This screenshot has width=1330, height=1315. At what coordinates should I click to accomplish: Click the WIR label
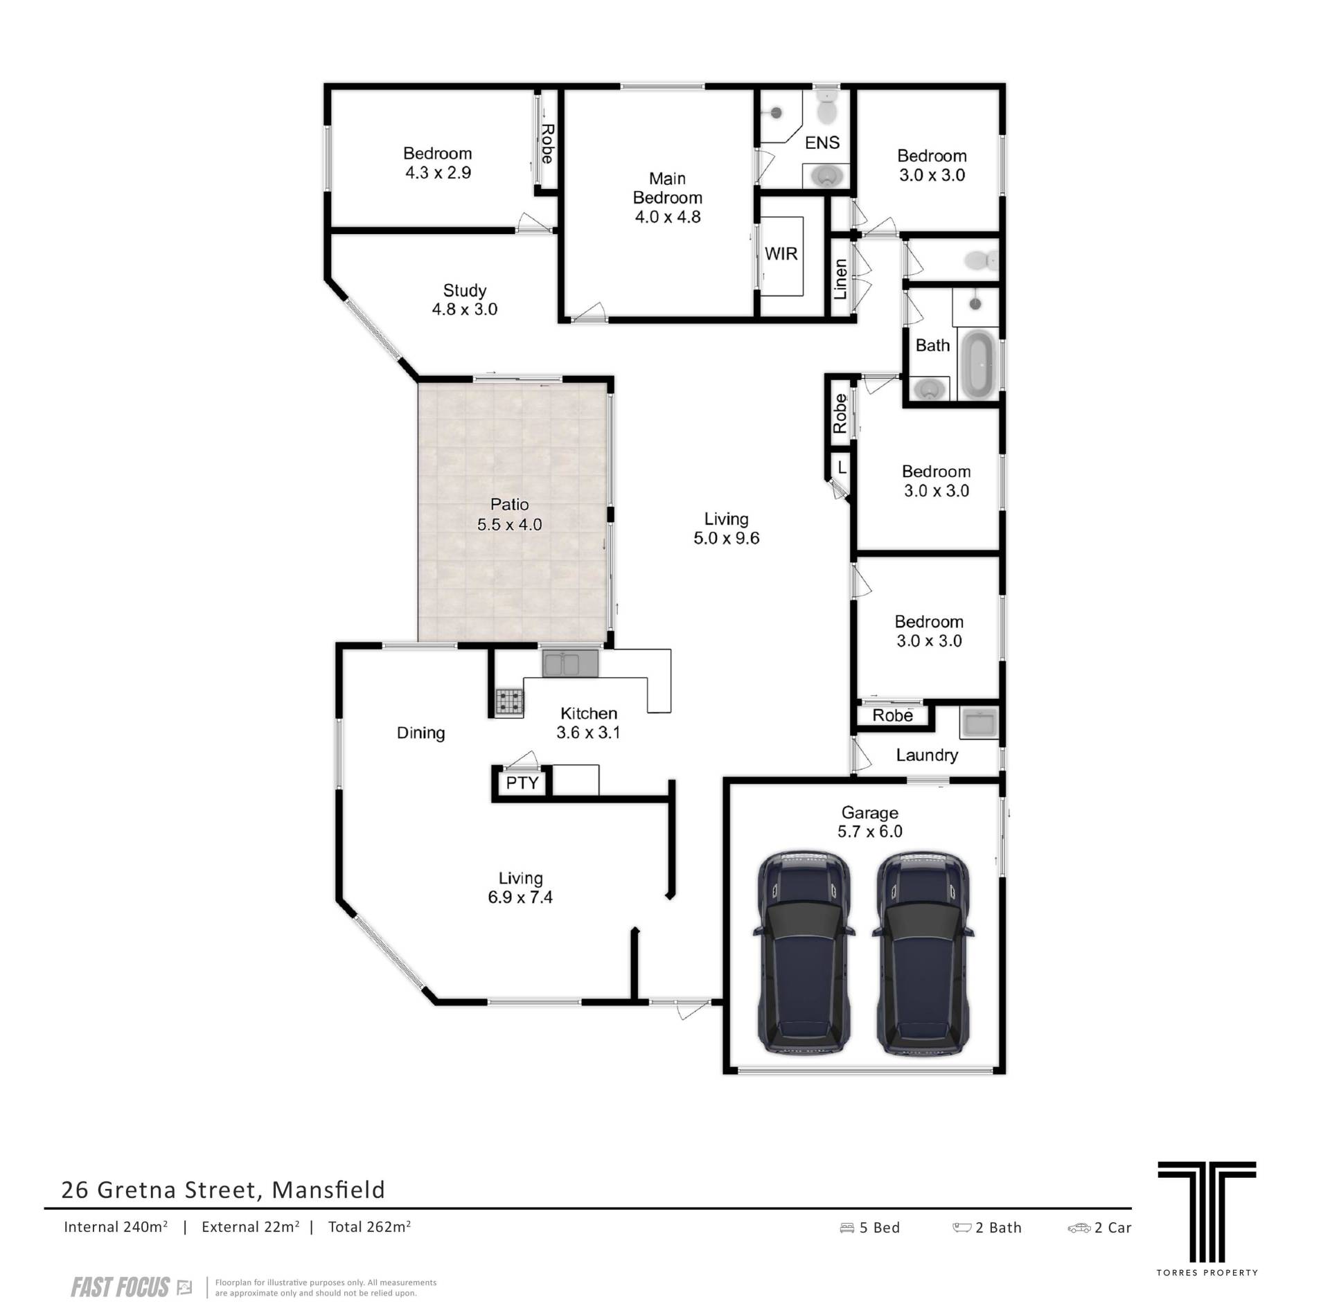coord(781,254)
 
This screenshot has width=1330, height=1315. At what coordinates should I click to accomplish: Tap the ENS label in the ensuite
coord(822,143)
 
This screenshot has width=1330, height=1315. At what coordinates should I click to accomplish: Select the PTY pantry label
coord(522,783)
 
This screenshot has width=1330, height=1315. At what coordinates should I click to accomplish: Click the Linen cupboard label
coord(840,279)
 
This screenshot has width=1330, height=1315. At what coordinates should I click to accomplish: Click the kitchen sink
coord(570,664)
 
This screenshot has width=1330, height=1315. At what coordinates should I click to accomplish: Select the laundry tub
coord(978,722)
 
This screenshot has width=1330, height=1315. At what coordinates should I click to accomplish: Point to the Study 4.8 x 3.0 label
coord(465,300)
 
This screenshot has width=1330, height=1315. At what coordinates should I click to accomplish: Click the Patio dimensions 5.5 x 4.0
coord(509,525)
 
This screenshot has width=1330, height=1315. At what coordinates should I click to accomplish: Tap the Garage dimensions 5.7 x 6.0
coord(870,832)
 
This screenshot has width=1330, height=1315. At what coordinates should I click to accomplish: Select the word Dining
coord(420,733)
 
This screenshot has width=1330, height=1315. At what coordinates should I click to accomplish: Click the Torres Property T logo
coord(1207,1222)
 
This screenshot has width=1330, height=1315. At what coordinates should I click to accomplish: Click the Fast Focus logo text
coord(120,1288)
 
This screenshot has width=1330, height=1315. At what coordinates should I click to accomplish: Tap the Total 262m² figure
coord(369,1227)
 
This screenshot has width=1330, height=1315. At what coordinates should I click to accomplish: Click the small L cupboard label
coord(842,467)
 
